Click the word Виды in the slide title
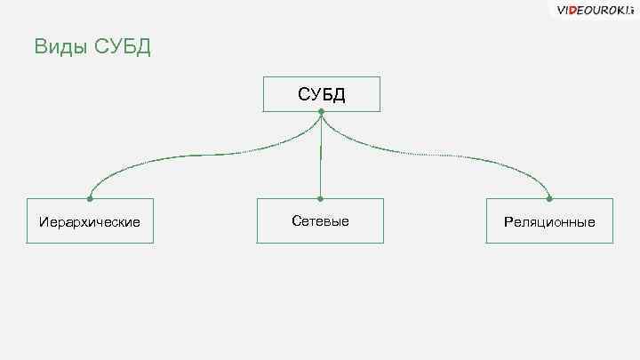tap(60, 46)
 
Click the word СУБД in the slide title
tap(122, 46)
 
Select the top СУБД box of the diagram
tap(321, 93)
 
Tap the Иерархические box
tap(90, 220)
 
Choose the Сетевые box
tap(320, 220)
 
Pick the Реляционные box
tap(549, 220)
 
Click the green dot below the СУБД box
tap(321, 112)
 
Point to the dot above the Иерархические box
tap(90, 198)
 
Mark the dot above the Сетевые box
tap(320, 198)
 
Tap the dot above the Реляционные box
tap(549, 198)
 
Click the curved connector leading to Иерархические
tap(178, 157)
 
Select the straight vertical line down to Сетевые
tap(320, 156)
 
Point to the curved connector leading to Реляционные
tap(462, 157)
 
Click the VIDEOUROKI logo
tap(595, 10)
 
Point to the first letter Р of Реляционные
tap(508, 221)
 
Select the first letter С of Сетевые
tap(295, 220)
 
